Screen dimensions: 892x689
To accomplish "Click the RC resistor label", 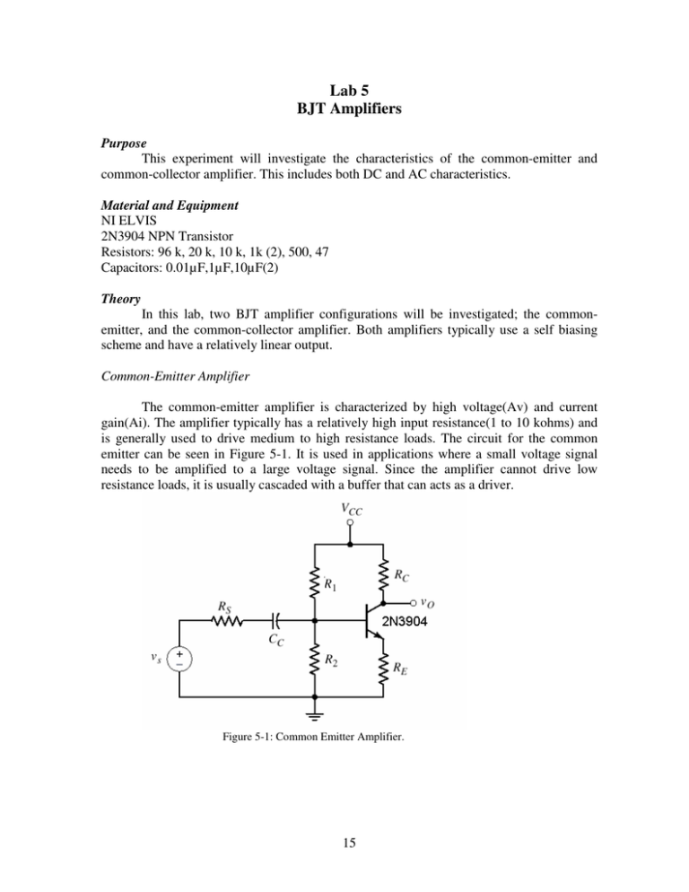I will tap(403, 574).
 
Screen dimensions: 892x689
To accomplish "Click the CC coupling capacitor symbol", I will tap(275, 619).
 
